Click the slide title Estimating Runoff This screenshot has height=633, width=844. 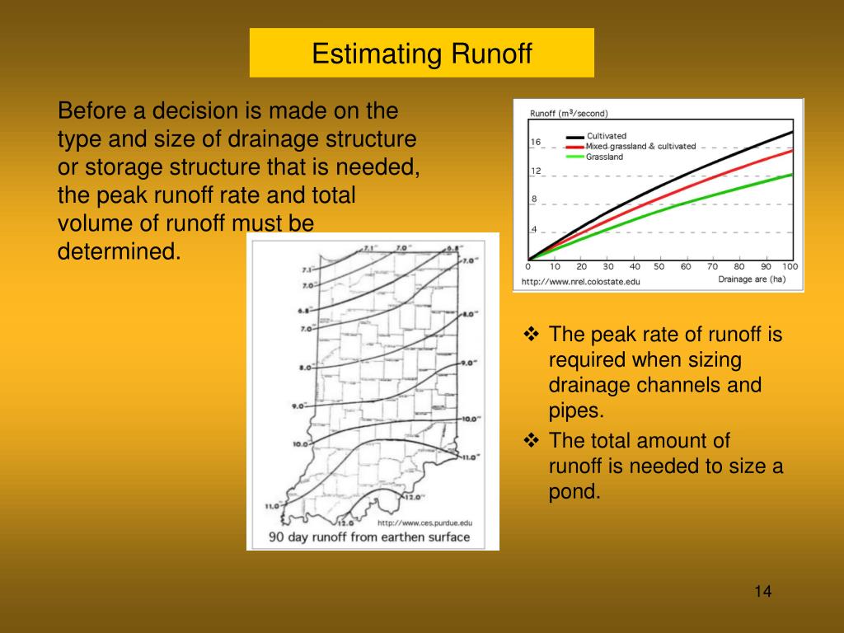(x=422, y=54)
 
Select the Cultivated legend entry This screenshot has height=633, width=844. (x=606, y=136)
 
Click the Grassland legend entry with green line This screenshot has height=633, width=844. (x=604, y=157)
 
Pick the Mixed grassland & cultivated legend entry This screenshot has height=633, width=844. (x=640, y=147)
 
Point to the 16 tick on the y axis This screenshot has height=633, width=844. (x=535, y=142)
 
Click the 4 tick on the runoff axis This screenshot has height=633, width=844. (x=534, y=229)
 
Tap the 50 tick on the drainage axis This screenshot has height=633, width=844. (x=659, y=267)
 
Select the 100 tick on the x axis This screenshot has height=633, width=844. (x=790, y=267)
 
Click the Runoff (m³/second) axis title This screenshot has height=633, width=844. (x=569, y=113)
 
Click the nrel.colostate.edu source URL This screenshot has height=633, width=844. (x=580, y=281)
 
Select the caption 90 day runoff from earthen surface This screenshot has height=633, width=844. (x=370, y=537)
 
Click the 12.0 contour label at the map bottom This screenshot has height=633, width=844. (x=345, y=523)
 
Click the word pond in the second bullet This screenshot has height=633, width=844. (x=575, y=492)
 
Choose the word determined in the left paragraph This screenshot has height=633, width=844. (x=119, y=251)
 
